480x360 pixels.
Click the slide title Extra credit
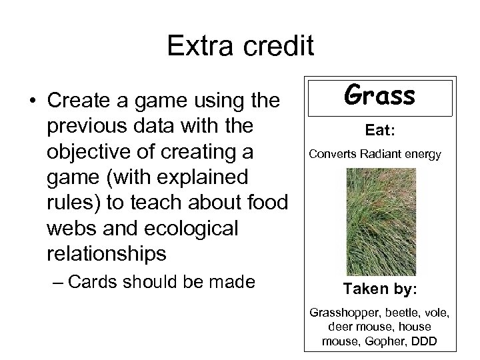pyautogui.click(x=239, y=46)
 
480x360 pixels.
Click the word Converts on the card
pyautogui.click(x=332, y=155)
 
